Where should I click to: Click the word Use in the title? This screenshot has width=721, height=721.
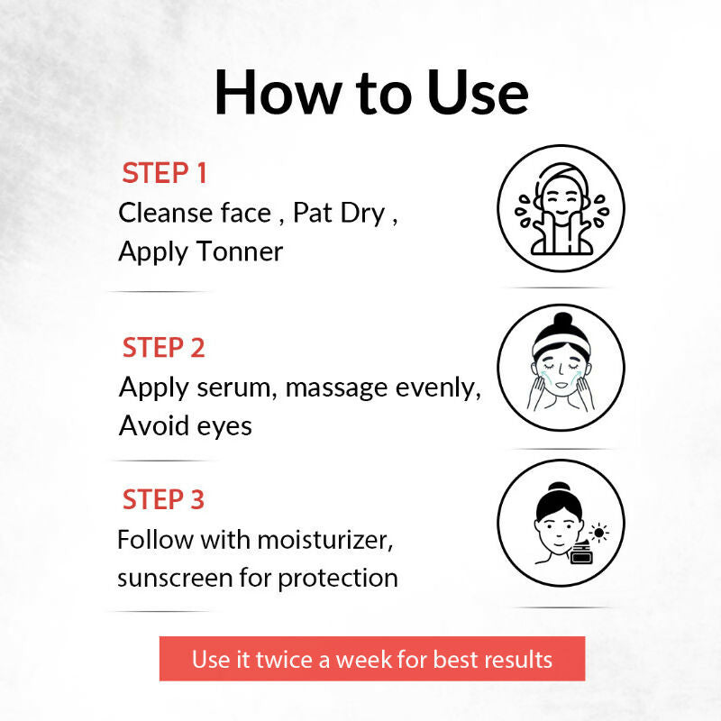[478, 92]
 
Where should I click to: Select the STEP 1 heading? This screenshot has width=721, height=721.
[164, 173]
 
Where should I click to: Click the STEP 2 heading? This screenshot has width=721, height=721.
[163, 347]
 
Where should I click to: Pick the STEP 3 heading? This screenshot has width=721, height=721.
[163, 499]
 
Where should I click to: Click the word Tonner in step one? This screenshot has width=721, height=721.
[240, 251]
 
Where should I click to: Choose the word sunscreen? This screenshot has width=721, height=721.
[175, 579]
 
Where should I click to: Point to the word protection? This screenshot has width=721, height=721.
[338, 579]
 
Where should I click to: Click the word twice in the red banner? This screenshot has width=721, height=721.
[284, 659]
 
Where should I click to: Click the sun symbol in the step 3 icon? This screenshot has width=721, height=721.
[598, 533]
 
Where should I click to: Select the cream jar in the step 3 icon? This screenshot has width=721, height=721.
[581, 553]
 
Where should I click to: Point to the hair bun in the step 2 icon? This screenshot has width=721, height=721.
[562, 320]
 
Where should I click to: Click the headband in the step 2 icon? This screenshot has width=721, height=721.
[561, 345]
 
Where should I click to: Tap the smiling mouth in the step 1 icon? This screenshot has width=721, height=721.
[561, 213]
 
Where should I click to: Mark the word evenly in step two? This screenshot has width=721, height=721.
[438, 388]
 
